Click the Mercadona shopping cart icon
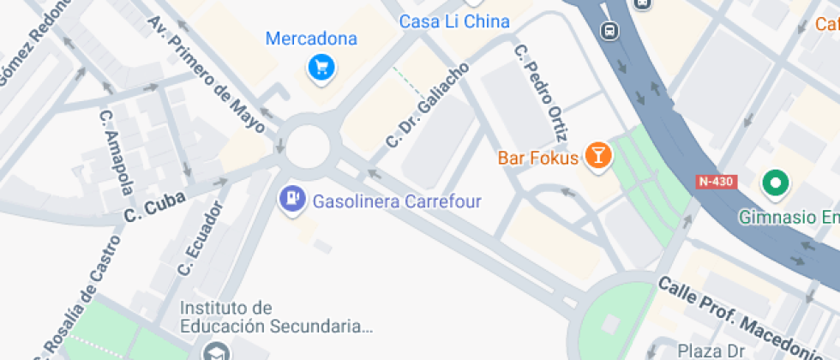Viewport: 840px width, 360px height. pyautogui.click(x=321, y=66)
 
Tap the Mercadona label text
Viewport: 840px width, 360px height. pyautogui.click(x=311, y=39)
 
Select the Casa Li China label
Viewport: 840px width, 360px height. pyautogui.click(x=454, y=21)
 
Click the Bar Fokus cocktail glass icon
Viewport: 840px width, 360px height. pyautogui.click(x=597, y=156)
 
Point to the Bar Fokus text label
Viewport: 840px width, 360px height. pyautogui.click(x=537, y=159)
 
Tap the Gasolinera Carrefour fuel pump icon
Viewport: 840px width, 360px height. pyautogui.click(x=293, y=200)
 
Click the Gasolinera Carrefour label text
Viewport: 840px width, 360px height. pyautogui.click(x=397, y=202)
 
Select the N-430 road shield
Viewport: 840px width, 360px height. pyautogui.click(x=716, y=182)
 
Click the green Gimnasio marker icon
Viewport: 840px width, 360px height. pyautogui.click(x=776, y=183)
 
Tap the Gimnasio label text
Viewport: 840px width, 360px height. pyautogui.click(x=789, y=217)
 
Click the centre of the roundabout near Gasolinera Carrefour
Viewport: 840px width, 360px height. pyautogui.click(x=308, y=146)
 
